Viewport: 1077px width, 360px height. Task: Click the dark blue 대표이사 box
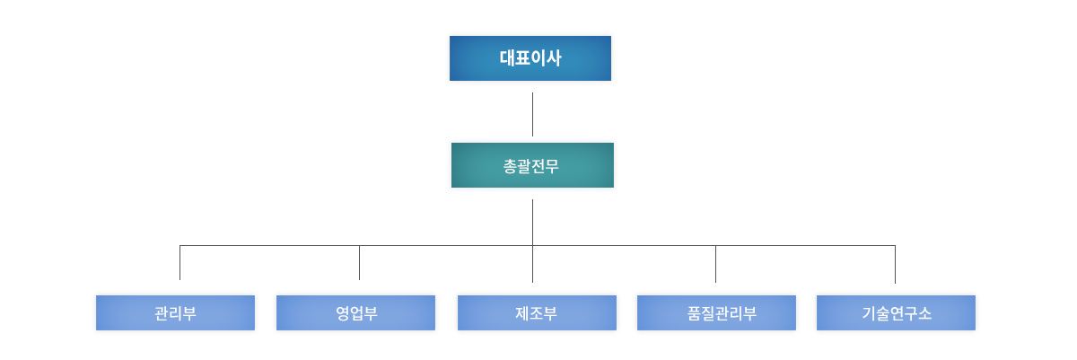pyautogui.click(x=530, y=58)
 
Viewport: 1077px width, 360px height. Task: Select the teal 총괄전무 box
pyautogui.click(x=532, y=165)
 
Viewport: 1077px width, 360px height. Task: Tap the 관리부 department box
pyautogui.click(x=176, y=312)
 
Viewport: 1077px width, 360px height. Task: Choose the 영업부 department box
pyautogui.click(x=355, y=312)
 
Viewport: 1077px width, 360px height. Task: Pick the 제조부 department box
pyautogui.click(x=537, y=312)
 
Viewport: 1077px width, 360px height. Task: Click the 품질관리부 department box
pyautogui.click(x=716, y=312)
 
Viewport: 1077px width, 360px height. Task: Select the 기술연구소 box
pyautogui.click(x=896, y=312)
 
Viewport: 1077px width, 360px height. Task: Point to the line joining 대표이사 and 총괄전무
pyautogui.click(x=533, y=114)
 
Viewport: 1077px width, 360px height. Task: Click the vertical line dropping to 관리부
pyautogui.click(x=179, y=262)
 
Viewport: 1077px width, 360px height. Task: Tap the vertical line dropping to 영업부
pyautogui.click(x=359, y=262)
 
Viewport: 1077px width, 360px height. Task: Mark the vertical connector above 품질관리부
pyautogui.click(x=715, y=264)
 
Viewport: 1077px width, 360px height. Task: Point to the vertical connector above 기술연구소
pyautogui.click(x=895, y=264)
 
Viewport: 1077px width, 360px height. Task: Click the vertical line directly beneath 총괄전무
pyautogui.click(x=533, y=241)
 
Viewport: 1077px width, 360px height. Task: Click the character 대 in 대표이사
pyautogui.click(x=507, y=57)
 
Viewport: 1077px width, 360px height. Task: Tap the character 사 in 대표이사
pyautogui.click(x=554, y=57)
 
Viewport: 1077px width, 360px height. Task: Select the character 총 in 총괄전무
pyautogui.click(x=510, y=166)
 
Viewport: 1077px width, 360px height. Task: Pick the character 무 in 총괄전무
pyautogui.click(x=552, y=166)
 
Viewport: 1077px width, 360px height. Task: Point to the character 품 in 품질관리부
pyautogui.click(x=695, y=313)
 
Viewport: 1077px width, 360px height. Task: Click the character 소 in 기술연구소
pyautogui.click(x=924, y=313)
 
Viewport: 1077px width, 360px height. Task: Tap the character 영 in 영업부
pyautogui.click(x=342, y=313)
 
